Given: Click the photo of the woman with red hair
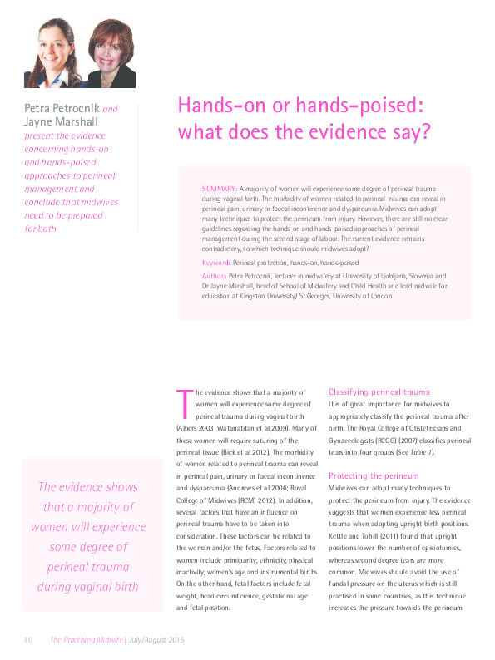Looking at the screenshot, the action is [111, 55].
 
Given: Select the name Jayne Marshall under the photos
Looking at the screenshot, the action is [61, 121].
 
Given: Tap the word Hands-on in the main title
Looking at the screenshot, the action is [215, 106].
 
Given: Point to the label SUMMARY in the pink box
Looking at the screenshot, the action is [219, 190].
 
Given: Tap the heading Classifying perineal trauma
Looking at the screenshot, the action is [379, 391].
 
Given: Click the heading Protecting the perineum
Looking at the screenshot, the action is [373, 475].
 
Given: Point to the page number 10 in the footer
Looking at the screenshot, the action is [27, 640].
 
